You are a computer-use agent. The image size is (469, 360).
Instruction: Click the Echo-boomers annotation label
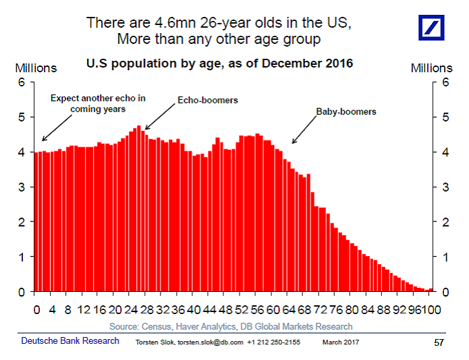tap(208, 100)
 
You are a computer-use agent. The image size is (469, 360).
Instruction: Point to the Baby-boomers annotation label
tap(346, 111)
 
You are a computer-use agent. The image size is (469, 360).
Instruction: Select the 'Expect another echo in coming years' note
tap(98, 103)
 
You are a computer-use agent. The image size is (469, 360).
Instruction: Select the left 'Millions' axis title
tap(36, 68)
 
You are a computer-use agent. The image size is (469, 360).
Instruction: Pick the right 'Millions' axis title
tap(431, 68)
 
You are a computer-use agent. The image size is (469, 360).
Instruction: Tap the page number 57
tap(438, 342)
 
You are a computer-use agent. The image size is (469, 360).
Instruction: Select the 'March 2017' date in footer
tap(341, 342)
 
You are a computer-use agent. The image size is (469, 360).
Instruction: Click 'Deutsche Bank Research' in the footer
tap(70, 341)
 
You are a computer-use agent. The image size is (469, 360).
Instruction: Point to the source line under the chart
tap(230, 326)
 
